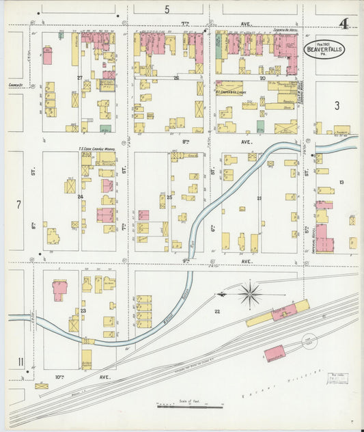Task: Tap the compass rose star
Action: (x=251, y=295)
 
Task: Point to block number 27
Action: (x=80, y=78)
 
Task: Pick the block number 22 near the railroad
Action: (x=217, y=312)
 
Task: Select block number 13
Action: (x=341, y=182)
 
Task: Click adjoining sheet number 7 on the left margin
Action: (x=18, y=204)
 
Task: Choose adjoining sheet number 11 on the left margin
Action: (x=21, y=361)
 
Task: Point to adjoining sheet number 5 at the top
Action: (x=167, y=10)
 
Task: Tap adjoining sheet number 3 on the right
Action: (x=337, y=105)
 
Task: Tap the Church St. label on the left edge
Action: (x=17, y=85)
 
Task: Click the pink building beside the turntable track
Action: (x=275, y=353)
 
